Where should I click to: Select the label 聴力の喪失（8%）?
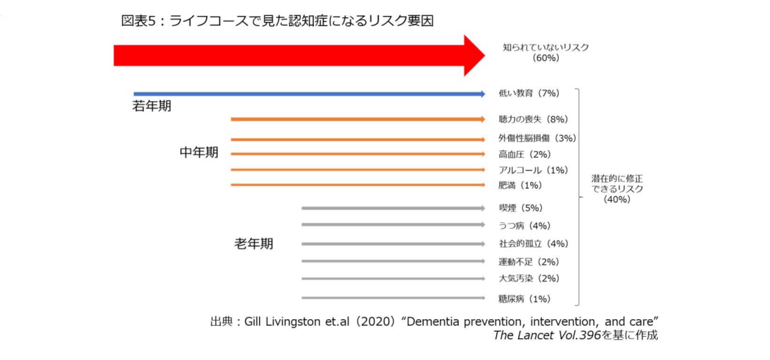[533, 119]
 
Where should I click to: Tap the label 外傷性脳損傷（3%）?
[537, 138]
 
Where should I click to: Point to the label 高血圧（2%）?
[524, 154]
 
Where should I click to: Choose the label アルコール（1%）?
[533, 170]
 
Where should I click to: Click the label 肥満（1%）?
[520, 185]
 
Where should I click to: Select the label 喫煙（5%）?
[520, 208]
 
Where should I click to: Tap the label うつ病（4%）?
[524, 226]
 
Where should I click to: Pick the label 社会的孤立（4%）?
[534, 244]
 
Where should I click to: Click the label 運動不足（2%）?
[528, 262]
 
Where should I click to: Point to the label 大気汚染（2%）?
[528, 278]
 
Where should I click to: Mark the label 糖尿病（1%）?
[524, 299]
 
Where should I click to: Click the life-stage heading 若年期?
[152, 106]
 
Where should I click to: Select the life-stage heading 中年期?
[199, 153]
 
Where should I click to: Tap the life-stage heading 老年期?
[253, 244]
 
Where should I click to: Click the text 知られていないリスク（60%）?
[546, 52]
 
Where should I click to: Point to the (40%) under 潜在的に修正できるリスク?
[617, 199]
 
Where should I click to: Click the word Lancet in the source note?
[535, 335]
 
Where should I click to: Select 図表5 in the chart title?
[138, 21]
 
